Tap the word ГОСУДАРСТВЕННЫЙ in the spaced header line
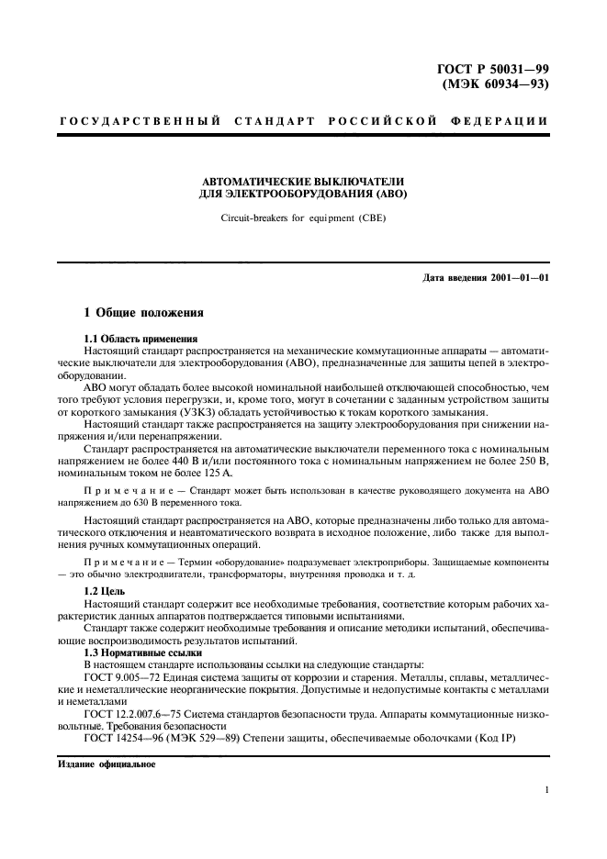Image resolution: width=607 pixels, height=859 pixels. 140,120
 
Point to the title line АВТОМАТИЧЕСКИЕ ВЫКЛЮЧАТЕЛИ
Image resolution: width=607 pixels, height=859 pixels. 303,182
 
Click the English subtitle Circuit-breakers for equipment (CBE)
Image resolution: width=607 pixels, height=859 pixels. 303,219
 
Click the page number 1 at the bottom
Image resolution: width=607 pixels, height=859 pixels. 546,790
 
